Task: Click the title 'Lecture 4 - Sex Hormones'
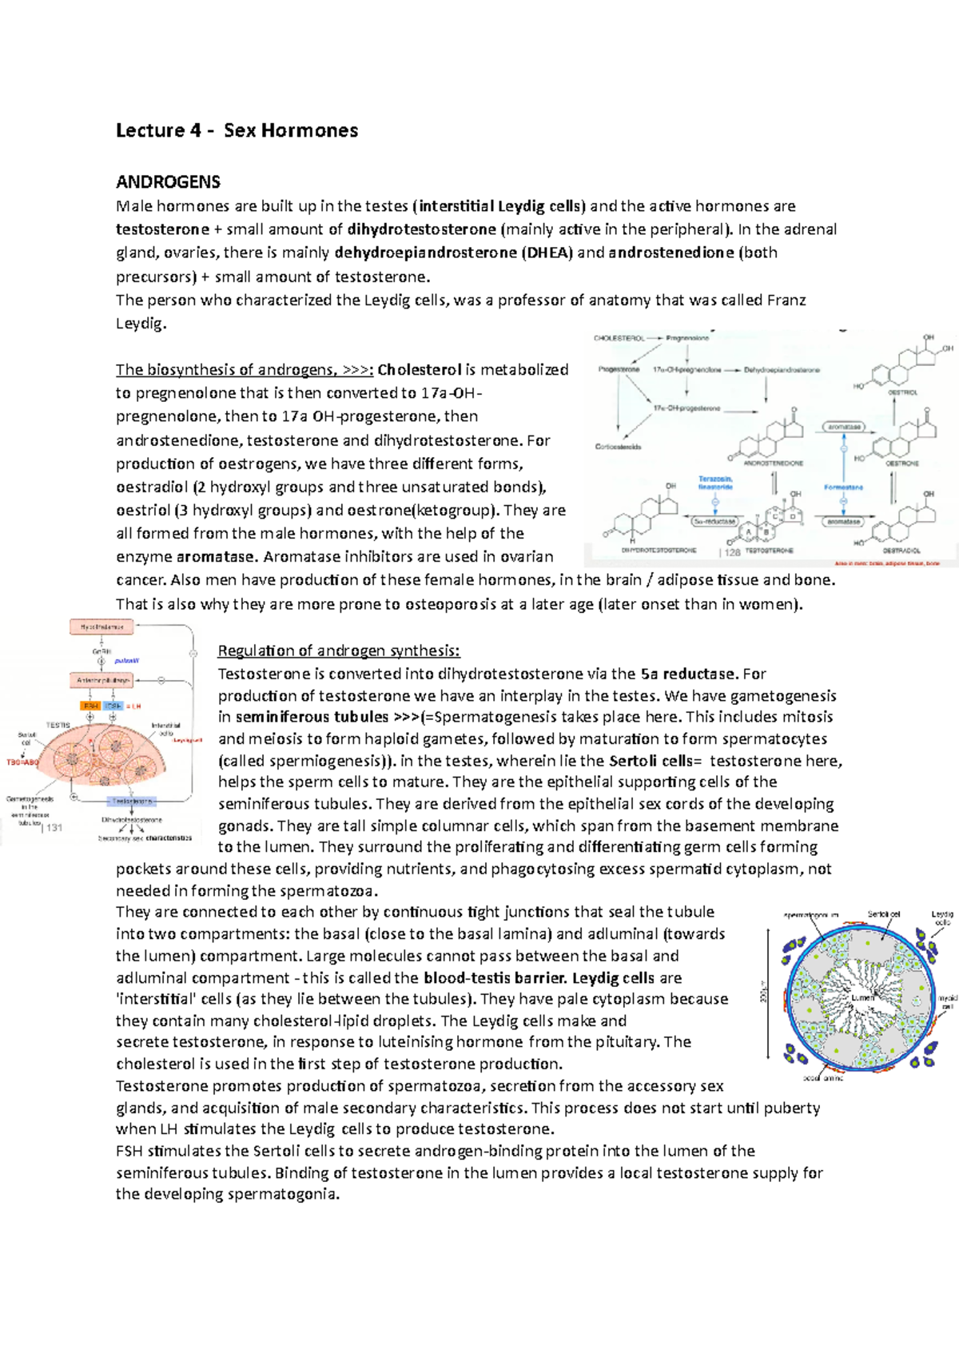pyautogui.click(x=237, y=130)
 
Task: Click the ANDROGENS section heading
pyautogui.click(x=168, y=181)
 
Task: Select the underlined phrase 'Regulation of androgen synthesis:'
pyautogui.click(x=339, y=651)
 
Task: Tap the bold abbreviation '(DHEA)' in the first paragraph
pyautogui.click(x=547, y=253)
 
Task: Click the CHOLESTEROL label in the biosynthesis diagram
pyautogui.click(x=619, y=338)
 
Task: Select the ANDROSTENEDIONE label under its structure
pyautogui.click(x=774, y=463)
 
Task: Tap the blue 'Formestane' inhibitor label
pyautogui.click(x=843, y=487)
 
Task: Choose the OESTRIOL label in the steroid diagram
pyautogui.click(x=901, y=392)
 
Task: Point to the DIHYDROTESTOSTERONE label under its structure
pyautogui.click(x=659, y=551)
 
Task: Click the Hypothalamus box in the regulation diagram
pyautogui.click(x=101, y=627)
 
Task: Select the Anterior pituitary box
pyautogui.click(x=101, y=680)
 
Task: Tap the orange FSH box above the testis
pyautogui.click(x=90, y=706)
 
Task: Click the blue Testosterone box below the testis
pyautogui.click(x=132, y=800)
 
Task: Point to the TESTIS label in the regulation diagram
pyautogui.click(x=58, y=725)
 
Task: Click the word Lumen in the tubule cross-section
pyautogui.click(x=862, y=997)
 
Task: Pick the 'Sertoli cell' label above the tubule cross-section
pyautogui.click(x=884, y=914)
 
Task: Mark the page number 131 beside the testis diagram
pyautogui.click(x=53, y=828)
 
